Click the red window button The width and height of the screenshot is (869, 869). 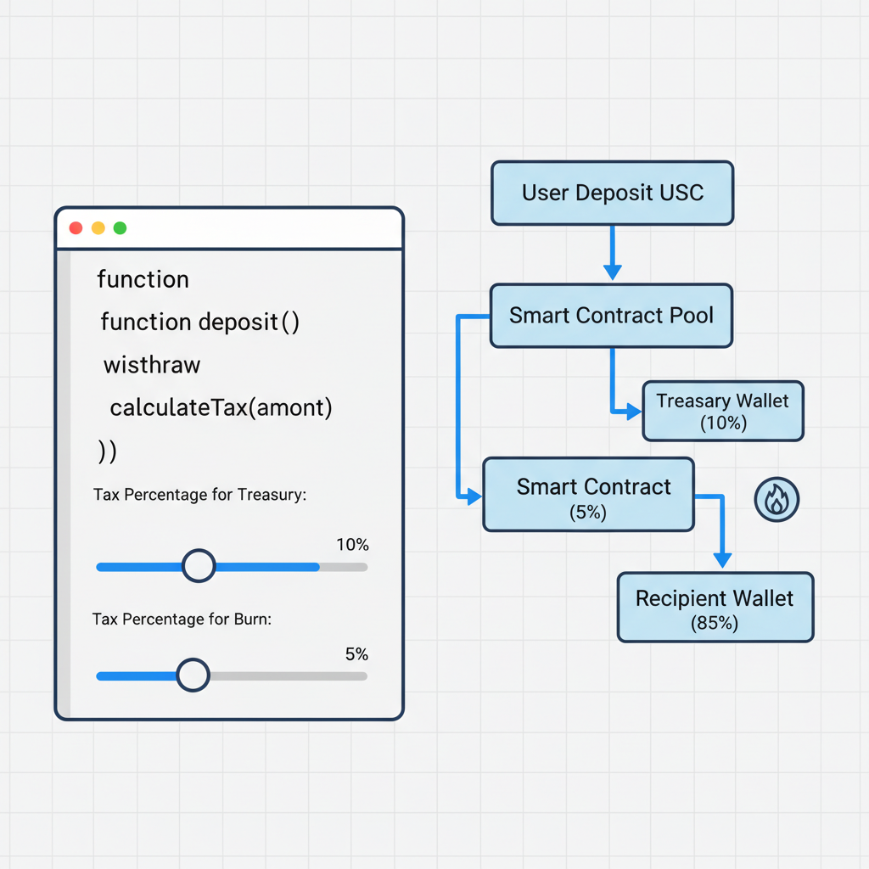point(76,228)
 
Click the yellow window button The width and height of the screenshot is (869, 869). point(98,228)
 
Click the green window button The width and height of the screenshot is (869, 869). point(120,228)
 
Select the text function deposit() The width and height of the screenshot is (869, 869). point(199,322)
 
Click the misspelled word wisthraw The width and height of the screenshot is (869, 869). point(152,366)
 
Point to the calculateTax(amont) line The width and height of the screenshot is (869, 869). point(221,408)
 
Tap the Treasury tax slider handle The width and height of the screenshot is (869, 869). point(199,566)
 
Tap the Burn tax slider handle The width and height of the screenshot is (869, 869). point(193,676)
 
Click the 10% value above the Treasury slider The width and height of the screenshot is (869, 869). point(352,545)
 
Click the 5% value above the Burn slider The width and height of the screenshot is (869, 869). point(356,654)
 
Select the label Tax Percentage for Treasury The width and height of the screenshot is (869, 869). point(199,495)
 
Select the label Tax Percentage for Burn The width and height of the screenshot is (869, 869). point(182,620)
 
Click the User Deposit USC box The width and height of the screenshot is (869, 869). point(612,193)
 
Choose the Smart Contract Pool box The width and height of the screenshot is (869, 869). point(611,316)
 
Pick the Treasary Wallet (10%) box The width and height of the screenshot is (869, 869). point(722,411)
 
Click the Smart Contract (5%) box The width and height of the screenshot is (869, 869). point(588,495)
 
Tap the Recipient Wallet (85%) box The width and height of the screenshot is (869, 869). point(715,607)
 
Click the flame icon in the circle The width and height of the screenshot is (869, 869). point(776,501)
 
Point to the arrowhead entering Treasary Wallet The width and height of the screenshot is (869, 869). point(633,412)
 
